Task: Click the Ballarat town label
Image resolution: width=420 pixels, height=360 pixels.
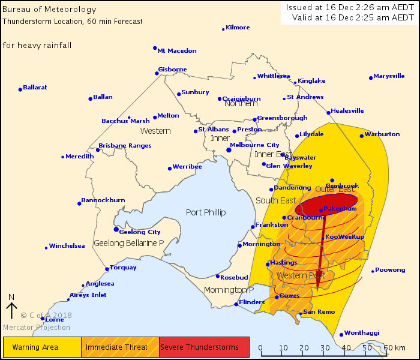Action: click(x=35, y=87)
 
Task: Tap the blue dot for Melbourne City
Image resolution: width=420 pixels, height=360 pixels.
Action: click(x=229, y=149)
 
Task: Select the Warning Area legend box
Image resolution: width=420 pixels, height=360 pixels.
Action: click(x=42, y=347)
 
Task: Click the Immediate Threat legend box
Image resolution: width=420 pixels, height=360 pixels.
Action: click(x=120, y=347)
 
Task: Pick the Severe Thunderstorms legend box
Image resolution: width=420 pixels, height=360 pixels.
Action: click(x=204, y=347)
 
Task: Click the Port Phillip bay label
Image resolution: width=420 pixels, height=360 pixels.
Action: click(x=206, y=212)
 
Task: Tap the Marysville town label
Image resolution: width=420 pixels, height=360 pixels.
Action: click(x=389, y=76)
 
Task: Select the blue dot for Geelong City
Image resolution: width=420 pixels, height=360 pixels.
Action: click(x=116, y=229)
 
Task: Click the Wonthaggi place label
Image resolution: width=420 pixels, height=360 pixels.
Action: click(x=362, y=334)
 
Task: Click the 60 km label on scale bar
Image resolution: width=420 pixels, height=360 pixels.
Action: click(x=395, y=347)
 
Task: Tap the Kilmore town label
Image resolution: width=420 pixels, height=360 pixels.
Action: click(x=238, y=28)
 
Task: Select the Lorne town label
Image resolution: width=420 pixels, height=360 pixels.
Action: click(x=55, y=319)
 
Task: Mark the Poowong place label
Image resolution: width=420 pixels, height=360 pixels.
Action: click(x=391, y=270)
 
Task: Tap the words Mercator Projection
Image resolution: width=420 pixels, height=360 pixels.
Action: click(x=36, y=328)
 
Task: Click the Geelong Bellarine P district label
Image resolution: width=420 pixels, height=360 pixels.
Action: click(x=129, y=243)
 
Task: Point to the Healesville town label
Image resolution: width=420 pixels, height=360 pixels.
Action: click(x=349, y=111)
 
